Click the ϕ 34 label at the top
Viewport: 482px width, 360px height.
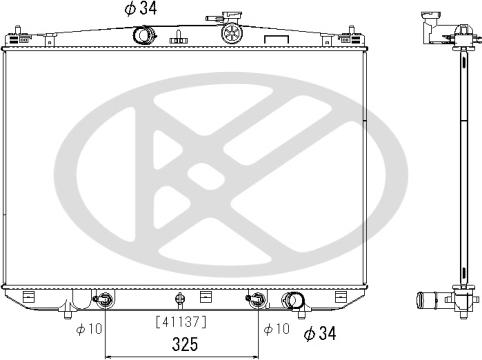pos(140,8)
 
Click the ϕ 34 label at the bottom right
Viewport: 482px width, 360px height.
pos(320,333)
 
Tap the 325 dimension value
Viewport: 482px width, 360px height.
pos(185,344)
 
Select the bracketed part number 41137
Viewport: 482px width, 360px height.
pos(181,322)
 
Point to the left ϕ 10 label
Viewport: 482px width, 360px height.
pos(89,329)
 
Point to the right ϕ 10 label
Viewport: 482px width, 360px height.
pos(277,329)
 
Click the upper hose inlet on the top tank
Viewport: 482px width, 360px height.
pos(144,35)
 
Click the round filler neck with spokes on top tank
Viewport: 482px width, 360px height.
pos(231,33)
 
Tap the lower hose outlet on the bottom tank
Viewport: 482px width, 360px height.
pos(293,301)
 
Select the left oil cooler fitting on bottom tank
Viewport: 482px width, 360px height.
pos(104,299)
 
